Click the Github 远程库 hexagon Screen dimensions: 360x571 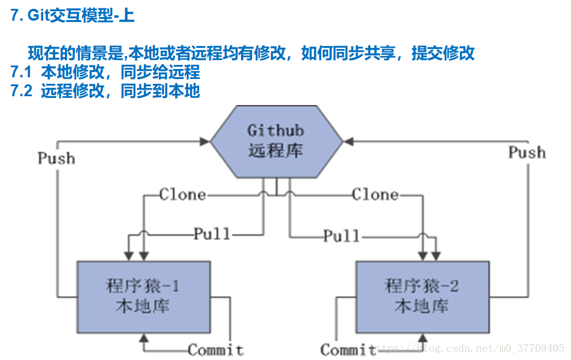(x=276, y=142)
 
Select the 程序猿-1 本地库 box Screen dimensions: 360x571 (x=143, y=297)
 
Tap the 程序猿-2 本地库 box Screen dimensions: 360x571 (x=422, y=297)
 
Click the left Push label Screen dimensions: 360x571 (x=57, y=158)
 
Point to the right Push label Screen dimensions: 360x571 (x=527, y=152)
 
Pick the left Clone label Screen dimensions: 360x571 (x=182, y=194)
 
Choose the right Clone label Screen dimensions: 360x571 (x=375, y=194)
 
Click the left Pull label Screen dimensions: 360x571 (x=212, y=234)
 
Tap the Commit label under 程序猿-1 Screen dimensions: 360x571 (x=216, y=350)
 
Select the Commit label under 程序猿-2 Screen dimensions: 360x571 (x=348, y=350)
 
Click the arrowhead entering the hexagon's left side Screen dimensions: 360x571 (x=205, y=142)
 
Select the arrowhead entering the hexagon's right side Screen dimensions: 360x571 (x=348, y=142)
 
